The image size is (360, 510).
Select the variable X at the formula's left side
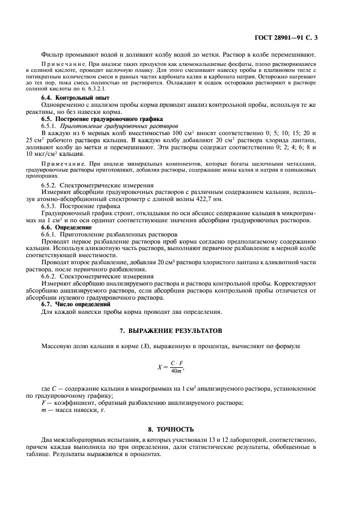160,367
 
